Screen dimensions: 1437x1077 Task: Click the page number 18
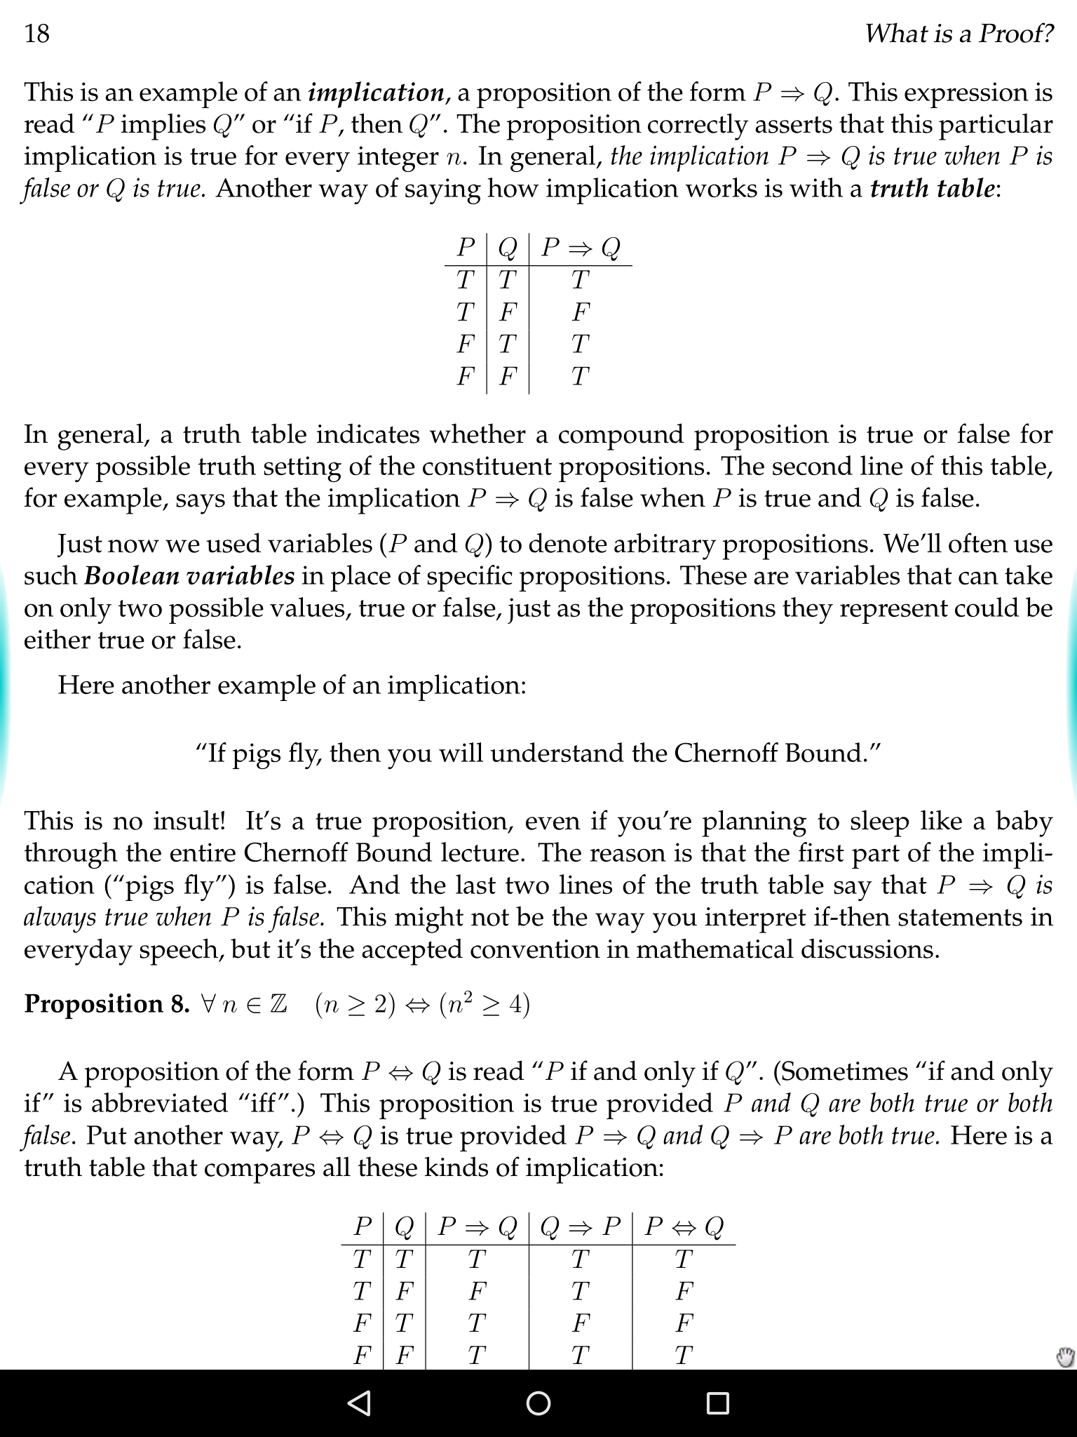36,33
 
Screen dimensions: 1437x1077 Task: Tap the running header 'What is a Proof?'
959,33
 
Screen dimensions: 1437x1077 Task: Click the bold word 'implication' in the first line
376,92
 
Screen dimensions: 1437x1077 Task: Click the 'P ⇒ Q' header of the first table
581,248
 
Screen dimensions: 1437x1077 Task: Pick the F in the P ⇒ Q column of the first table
581,312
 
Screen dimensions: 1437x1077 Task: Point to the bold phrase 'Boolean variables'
189,575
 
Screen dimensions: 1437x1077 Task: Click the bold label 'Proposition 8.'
107,1004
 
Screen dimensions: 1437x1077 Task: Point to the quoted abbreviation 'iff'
263,1103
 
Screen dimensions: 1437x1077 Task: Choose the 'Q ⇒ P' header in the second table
581,1227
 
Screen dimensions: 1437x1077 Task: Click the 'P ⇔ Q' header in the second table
684,1227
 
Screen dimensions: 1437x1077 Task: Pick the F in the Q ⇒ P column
580,1323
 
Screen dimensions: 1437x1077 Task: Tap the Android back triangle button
359,1403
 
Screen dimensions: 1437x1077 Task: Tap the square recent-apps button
717,1403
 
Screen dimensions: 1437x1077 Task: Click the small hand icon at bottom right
1064,1357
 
